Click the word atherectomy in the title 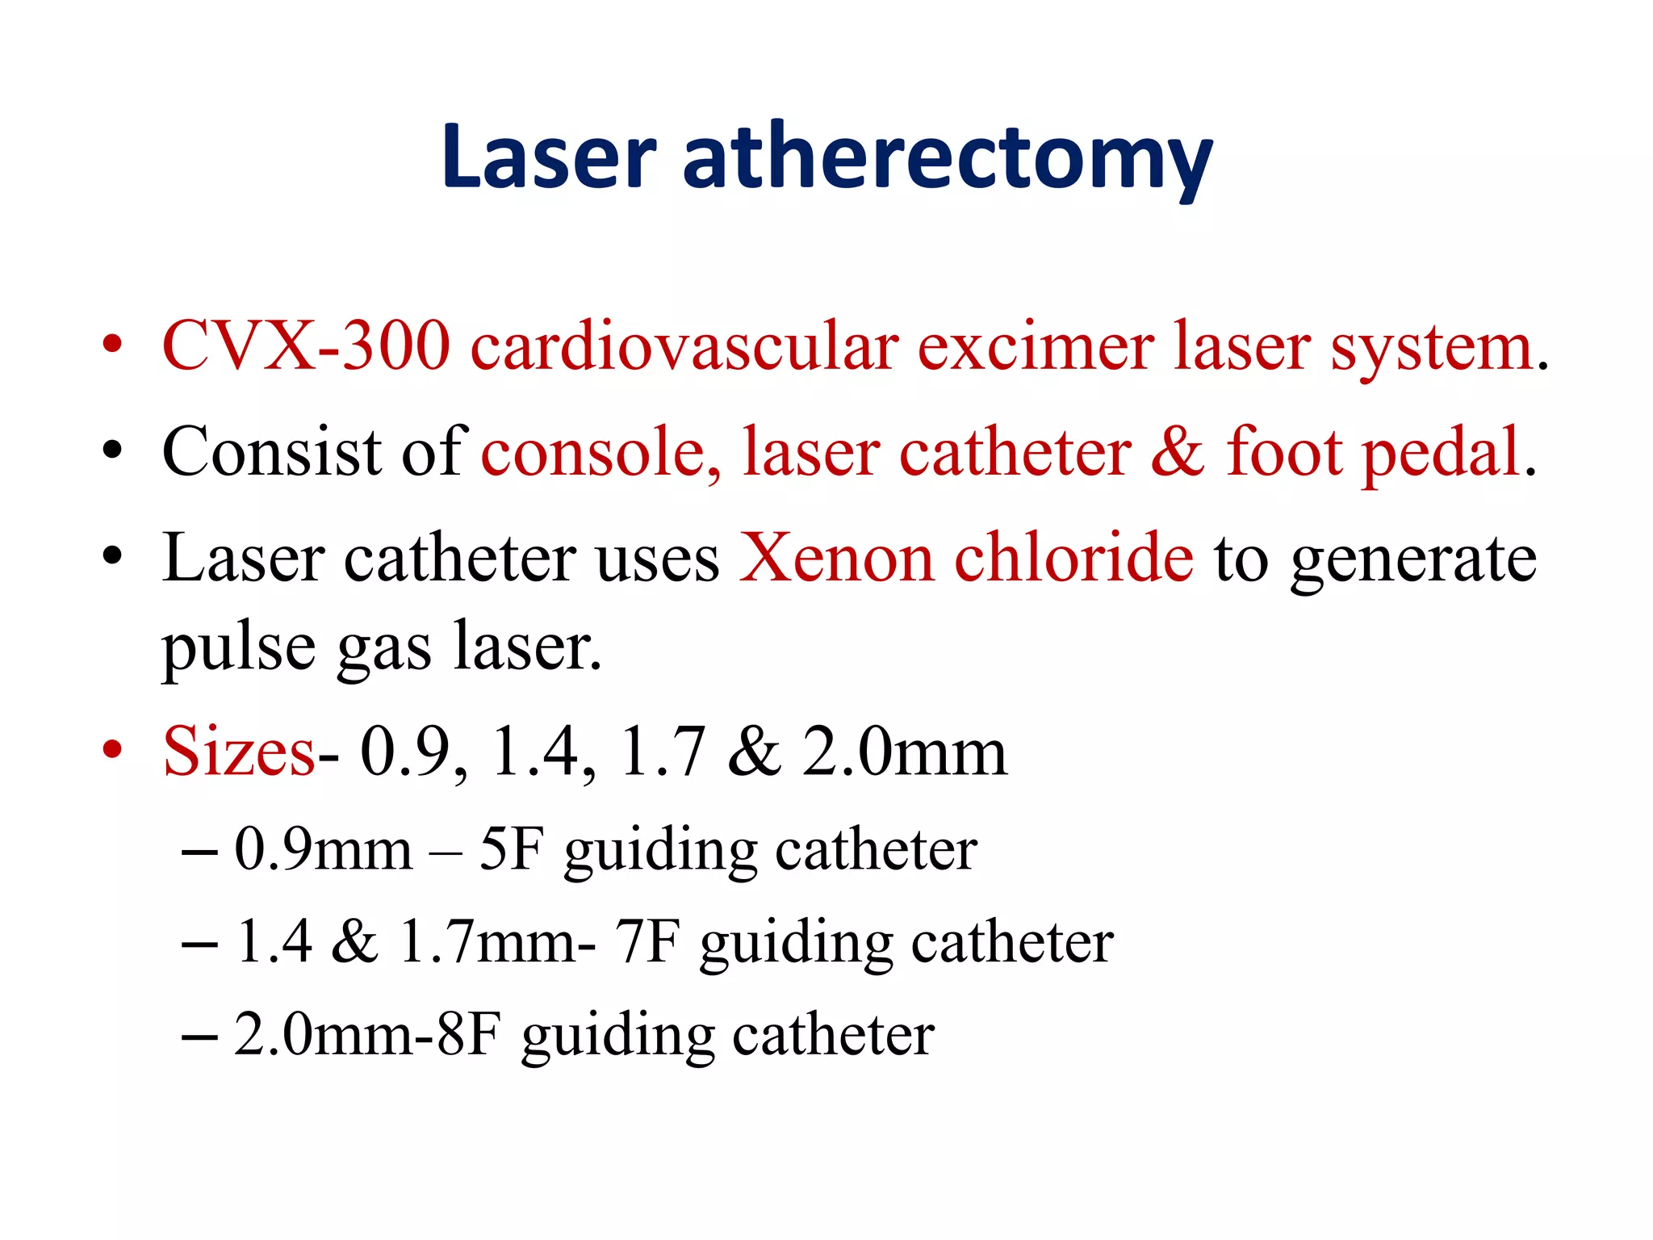948,159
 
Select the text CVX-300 306,346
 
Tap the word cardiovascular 684,346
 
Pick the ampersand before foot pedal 1178,452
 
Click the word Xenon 836,558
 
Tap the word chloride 1073,558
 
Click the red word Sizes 239,752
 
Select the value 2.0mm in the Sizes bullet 905,752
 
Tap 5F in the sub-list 511,849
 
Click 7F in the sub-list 647,942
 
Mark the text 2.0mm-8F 367,1034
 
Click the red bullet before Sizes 112,750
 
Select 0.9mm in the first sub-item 324,849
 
